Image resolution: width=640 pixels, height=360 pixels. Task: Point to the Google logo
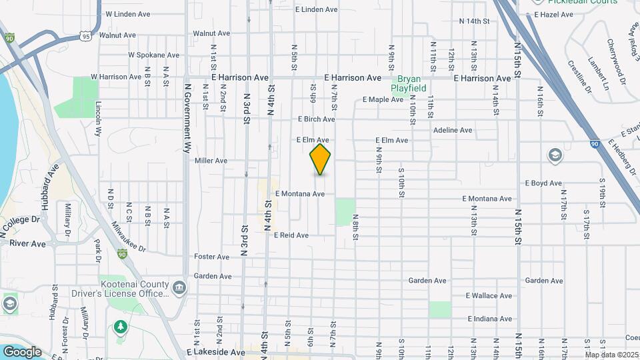point(22,351)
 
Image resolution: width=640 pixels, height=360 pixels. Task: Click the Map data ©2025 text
point(611,354)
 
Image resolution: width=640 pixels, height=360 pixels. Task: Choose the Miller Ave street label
point(211,161)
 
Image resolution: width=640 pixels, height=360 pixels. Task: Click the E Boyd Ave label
point(543,183)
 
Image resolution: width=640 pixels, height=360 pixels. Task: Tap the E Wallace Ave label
point(489,295)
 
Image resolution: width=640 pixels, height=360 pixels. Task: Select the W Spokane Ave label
point(154,55)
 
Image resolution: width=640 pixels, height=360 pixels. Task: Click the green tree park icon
point(120,327)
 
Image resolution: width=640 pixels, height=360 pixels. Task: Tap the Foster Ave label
point(212,257)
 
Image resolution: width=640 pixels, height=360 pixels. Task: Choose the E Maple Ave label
point(383,100)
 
